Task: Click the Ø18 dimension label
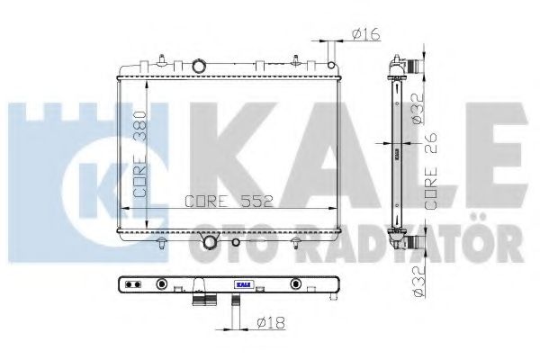point(269,321)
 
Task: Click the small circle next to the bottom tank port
point(236,241)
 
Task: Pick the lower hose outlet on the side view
point(412,241)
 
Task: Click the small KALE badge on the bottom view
point(242,285)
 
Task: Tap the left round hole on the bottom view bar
point(162,285)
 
